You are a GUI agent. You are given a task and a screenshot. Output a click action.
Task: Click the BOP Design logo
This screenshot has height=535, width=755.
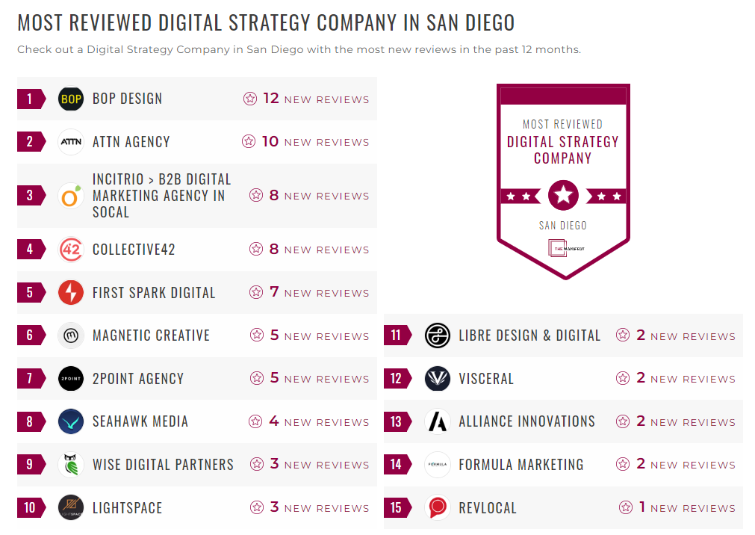click(71, 99)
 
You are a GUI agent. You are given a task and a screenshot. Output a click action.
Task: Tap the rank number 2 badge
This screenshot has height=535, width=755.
click(30, 142)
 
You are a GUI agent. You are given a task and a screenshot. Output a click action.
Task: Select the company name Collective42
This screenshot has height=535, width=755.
click(134, 250)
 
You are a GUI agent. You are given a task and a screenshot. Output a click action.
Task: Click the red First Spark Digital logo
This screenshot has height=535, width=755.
click(71, 293)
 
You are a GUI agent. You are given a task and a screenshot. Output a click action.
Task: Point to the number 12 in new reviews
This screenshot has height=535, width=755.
click(270, 99)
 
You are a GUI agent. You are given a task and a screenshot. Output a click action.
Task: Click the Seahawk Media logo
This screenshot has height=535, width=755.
click(71, 421)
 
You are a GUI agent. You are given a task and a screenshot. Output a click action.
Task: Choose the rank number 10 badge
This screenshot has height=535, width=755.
click(30, 508)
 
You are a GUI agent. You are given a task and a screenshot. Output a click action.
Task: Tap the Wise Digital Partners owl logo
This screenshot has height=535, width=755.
click(71, 465)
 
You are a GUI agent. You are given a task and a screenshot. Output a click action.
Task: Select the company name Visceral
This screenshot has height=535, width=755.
click(486, 379)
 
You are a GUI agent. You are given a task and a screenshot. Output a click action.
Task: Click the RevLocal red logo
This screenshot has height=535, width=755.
click(437, 508)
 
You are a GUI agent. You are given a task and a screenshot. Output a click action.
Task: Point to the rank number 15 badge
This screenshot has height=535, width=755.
click(396, 508)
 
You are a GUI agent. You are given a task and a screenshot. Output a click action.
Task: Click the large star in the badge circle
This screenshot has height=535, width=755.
click(563, 196)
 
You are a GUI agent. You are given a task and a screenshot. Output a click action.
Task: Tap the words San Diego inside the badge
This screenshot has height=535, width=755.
click(563, 226)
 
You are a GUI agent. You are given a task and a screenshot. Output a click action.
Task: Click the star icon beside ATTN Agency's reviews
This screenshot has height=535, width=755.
click(249, 141)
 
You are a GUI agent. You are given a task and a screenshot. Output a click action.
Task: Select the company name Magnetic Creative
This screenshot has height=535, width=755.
click(151, 335)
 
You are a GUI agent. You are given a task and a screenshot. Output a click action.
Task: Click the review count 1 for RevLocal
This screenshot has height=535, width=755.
click(642, 507)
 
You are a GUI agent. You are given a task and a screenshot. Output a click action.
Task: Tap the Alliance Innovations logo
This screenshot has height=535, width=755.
click(437, 421)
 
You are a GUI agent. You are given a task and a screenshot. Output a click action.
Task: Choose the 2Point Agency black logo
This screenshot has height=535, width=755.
click(71, 379)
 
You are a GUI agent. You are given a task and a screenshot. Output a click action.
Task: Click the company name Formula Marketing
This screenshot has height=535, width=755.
click(521, 465)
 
